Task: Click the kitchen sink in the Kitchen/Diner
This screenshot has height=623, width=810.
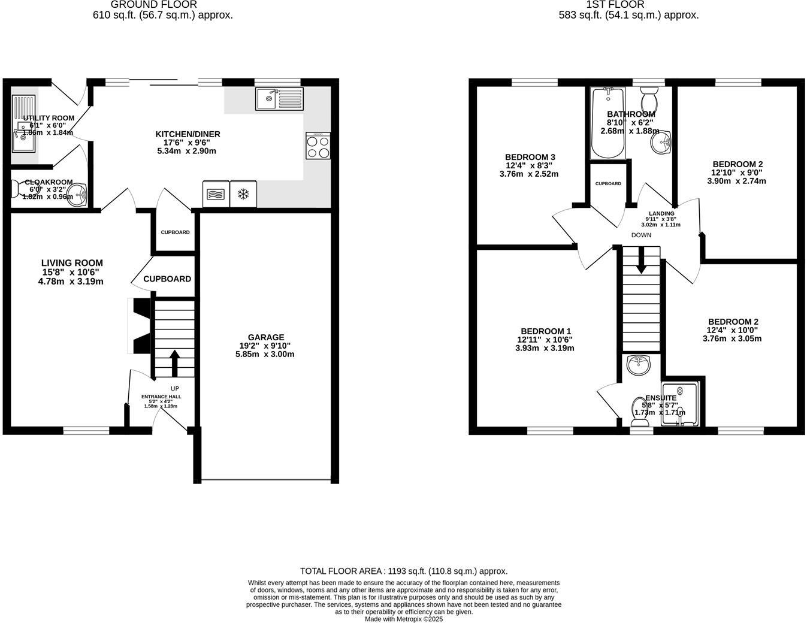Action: [280, 99]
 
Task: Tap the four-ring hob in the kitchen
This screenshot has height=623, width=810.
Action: [318, 146]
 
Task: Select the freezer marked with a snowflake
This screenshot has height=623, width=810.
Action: [243, 194]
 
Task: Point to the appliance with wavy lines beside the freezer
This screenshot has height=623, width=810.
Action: [216, 194]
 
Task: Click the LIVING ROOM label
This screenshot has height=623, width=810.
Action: [72, 263]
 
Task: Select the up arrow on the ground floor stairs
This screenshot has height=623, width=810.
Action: [174, 362]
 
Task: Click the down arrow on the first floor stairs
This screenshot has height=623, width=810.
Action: [641, 261]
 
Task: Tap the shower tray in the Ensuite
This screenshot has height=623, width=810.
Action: [680, 405]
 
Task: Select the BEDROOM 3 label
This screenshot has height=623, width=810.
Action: [526, 157]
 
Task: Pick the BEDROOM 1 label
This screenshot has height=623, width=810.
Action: [546, 331]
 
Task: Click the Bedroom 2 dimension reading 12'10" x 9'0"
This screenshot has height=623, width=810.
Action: [737, 173]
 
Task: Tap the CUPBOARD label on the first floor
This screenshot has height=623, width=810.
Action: [608, 183]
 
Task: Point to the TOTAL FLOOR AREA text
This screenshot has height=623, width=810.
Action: [404, 571]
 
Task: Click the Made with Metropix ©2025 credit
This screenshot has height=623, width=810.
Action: [404, 619]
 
